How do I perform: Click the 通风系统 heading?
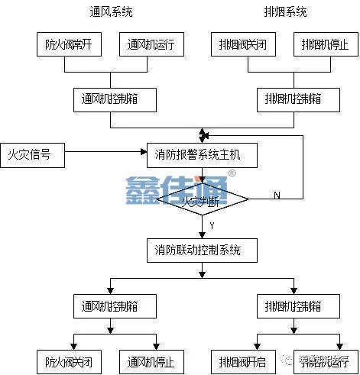(x=110, y=12)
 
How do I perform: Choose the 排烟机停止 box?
(x=325, y=44)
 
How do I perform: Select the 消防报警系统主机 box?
(x=202, y=155)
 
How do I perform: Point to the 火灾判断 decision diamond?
(x=202, y=202)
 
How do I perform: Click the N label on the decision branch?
(x=276, y=196)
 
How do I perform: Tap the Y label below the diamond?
(x=211, y=226)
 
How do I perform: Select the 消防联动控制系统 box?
(x=202, y=251)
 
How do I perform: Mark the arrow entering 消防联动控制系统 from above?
(x=202, y=234)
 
